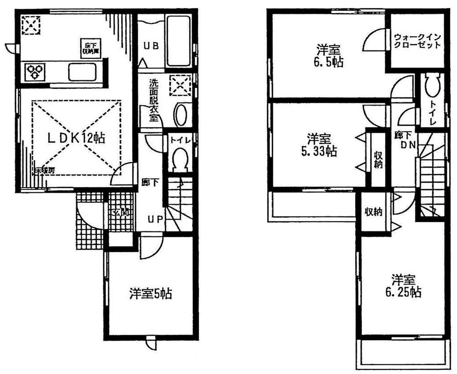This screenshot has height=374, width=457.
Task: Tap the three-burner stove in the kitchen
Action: coord(35,71)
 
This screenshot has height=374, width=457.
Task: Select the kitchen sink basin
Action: coord(82,72)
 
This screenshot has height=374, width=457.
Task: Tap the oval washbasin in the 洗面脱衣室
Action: coord(181,115)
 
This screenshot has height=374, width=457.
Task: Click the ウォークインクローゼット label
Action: coord(417,42)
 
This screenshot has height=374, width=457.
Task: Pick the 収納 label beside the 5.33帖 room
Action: coord(377,159)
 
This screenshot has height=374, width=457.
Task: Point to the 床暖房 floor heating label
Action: coord(45,170)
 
